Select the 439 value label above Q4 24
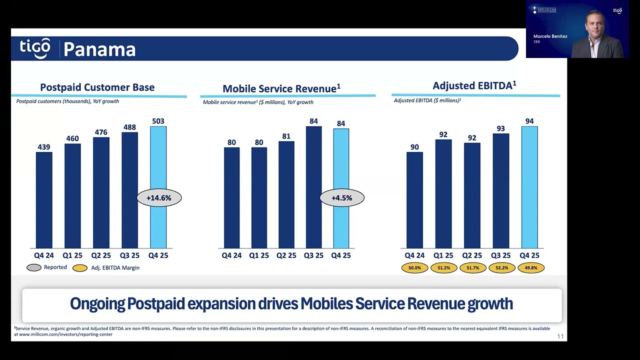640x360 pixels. (44, 147)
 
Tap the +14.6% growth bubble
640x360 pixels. (159, 198)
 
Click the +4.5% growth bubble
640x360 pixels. (342, 198)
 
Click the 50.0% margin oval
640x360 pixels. (414, 268)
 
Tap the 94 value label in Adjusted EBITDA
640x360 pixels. (529, 121)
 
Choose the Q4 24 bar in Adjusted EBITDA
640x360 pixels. (414, 200)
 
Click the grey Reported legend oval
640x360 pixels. (34, 267)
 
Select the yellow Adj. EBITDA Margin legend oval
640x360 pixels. (80, 268)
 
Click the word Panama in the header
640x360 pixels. (99, 49)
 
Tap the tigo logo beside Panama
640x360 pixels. (35, 47)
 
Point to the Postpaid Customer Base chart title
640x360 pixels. (97, 87)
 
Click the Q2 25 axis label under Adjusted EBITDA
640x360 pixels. (472, 255)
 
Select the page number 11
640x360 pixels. (560, 336)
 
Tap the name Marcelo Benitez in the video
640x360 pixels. (550, 36)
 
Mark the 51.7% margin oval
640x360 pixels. (472, 268)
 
